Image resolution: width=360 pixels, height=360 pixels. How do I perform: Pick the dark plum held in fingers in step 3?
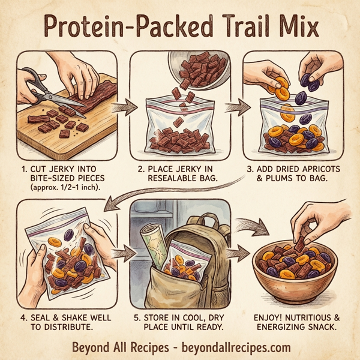[312, 83]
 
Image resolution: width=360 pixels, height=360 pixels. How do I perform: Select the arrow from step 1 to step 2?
[125, 108]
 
